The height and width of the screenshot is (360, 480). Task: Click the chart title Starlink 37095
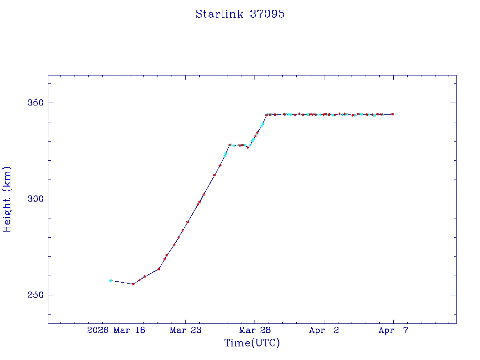(x=240, y=14)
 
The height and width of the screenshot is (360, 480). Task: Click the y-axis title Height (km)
(x=7, y=199)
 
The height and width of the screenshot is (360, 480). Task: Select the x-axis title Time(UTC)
(x=252, y=343)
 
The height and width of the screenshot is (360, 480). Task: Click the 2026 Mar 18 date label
(x=116, y=330)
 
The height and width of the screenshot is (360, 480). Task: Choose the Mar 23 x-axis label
(x=185, y=330)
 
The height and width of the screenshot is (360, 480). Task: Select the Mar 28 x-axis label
(x=255, y=330)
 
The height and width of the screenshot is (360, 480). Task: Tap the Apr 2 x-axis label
(x=324, y=330)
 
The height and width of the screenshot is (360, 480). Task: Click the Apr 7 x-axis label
(x=393, y=330)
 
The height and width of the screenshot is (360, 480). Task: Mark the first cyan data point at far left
(x=110, y=280)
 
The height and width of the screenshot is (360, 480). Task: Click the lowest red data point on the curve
(x=133, y=284)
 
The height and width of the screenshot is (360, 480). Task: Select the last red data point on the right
(x=392, y=114)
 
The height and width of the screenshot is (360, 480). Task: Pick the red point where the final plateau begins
(x=266, y=115)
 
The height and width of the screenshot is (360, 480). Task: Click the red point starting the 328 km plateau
(x=230, y=145)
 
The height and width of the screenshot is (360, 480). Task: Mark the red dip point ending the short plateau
(x=248, y=147)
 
